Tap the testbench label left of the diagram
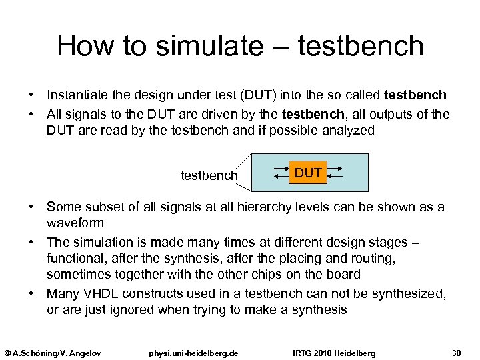click(x=209, y=175)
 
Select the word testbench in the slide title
click(x=360, y=46)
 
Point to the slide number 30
click(x=457, y=352)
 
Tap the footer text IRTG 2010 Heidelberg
click(x=335, y=352)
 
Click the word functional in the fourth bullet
click(x=74, y=258)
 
